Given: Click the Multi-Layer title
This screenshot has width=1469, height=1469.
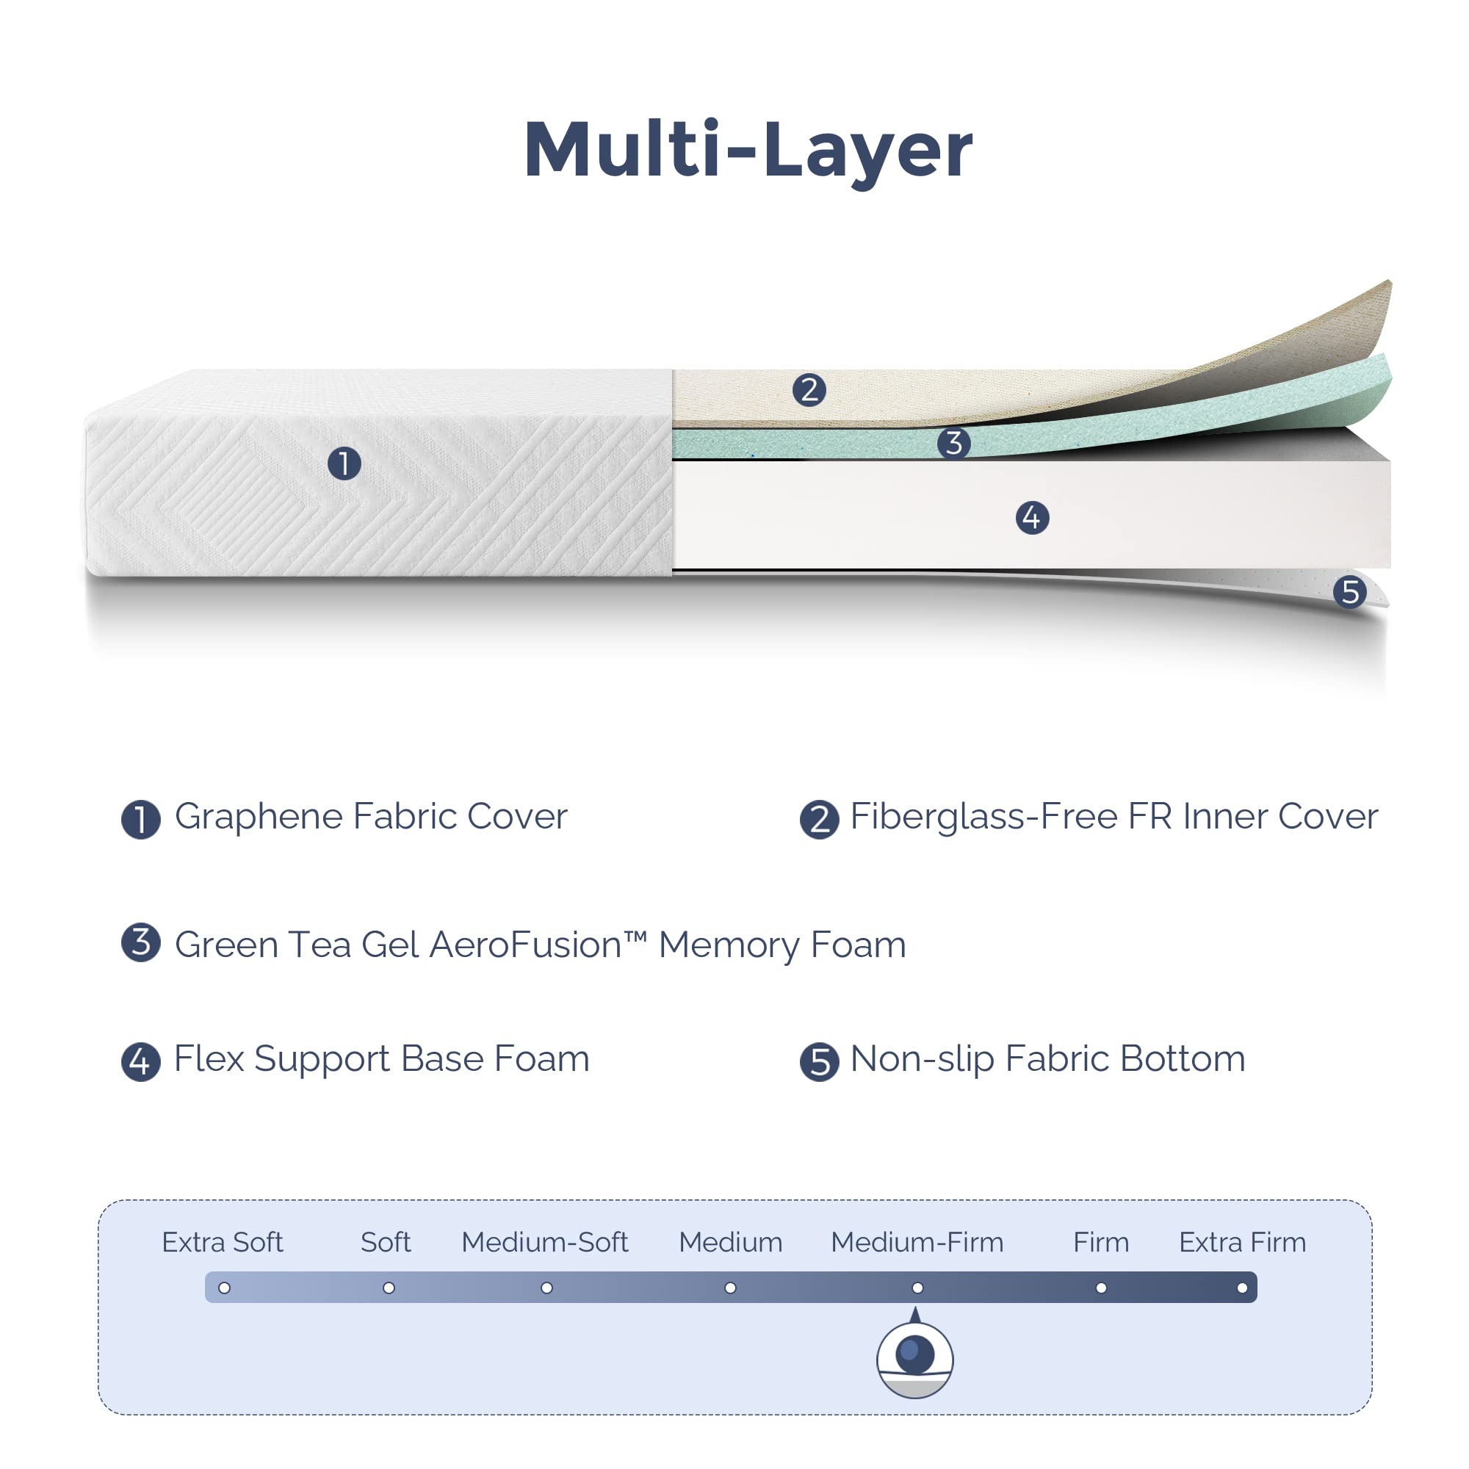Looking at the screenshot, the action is click(748, 151).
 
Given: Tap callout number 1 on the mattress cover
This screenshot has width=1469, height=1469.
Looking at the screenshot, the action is click(344, 463).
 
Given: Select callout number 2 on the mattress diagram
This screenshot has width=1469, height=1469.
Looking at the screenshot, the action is click(809, 389).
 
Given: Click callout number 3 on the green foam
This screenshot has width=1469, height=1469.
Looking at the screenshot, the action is click(953, 442).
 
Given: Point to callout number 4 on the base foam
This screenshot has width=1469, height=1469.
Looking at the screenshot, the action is click(1032, 518).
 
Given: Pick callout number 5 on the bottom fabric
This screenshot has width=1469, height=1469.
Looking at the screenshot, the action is click(1349, 591).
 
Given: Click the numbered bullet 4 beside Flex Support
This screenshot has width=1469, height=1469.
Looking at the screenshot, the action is click(141, 1061).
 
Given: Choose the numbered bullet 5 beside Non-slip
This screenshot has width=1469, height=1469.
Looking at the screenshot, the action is click(819, 1061).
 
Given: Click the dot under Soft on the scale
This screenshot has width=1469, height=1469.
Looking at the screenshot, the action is click(389, 1288).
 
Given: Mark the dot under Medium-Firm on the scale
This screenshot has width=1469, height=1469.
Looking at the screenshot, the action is click(917, 1288).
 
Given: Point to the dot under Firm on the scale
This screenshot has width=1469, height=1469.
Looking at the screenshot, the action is click(1101, 1288).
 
